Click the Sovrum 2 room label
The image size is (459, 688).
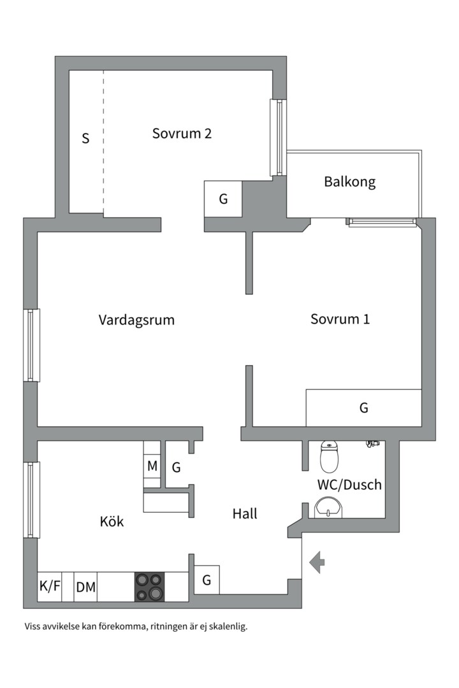tap(182, 134)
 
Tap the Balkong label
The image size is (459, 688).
tap(349, 182)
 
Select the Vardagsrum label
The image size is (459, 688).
tap(136, 320)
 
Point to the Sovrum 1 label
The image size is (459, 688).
tap(340, 319)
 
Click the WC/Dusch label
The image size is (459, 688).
tap(349, 485)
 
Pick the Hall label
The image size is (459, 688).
tap(245, 513)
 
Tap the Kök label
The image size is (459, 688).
tap(112, 522)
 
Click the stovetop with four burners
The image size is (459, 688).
tap(149, 587)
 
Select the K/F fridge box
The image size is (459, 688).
tap(50, 587)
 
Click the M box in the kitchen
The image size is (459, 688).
tap(152, 466)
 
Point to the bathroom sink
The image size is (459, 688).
tap(328, 509)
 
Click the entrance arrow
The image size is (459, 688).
tap(317, 562)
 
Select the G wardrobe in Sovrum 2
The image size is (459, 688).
tap(223, 199)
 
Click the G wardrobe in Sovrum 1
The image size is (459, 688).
tap(364, 408)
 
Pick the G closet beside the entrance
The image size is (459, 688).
tap(207, 580)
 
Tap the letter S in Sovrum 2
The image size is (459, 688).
tap(85, 138)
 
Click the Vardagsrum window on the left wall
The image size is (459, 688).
tap(32, 345)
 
